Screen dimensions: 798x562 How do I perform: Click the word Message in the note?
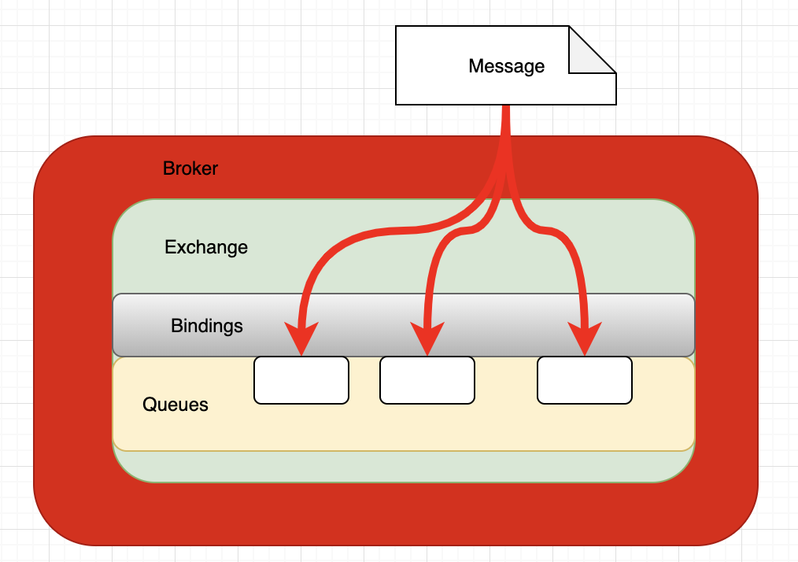506,66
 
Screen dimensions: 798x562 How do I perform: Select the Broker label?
190,168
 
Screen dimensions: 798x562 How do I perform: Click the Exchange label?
206,247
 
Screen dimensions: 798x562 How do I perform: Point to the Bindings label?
207,326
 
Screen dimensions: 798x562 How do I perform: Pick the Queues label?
175,405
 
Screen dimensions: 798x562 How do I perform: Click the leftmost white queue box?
301,380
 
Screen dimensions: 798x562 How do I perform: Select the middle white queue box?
427,380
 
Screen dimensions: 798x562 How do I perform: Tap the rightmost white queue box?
585,380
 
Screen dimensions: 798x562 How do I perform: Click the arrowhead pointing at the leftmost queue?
301,337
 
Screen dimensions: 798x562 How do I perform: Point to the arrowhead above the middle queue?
427,337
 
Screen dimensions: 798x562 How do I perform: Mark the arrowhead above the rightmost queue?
585,337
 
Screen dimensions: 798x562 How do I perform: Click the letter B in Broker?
168,168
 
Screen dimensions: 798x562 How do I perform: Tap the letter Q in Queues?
150,405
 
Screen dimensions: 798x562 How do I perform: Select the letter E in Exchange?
170,247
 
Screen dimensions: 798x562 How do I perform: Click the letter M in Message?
476,65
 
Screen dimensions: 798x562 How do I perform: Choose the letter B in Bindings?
176,325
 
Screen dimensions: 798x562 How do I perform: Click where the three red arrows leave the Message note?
506,106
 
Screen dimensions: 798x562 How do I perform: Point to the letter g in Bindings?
227,328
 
